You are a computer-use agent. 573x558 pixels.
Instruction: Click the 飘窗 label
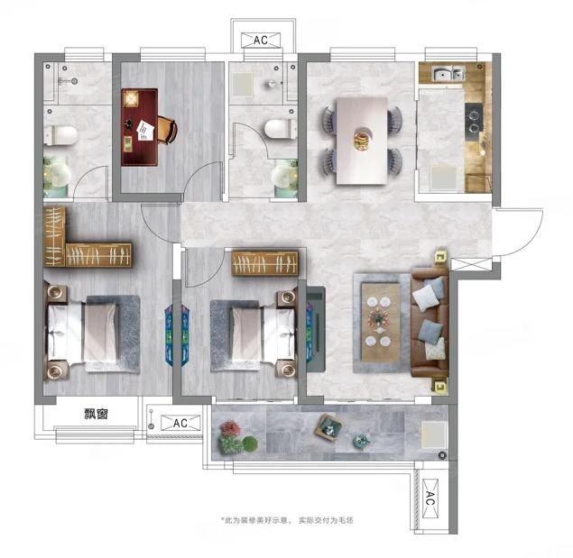(97, 414)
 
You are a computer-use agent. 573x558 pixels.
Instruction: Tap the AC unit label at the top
(261, 41)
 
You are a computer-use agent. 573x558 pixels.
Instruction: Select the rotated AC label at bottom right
(430, 499)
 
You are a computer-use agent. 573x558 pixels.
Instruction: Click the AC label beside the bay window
(180, 423)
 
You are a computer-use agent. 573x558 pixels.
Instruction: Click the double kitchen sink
(448, 74)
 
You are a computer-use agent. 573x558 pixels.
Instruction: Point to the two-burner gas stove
(474, 118)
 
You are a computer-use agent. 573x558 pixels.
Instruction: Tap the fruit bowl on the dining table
(362, 140)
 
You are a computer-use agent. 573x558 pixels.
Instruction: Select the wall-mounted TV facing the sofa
(316, 329)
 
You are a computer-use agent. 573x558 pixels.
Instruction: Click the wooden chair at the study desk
(168, 129)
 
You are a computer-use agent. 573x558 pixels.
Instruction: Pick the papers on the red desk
(146, 131)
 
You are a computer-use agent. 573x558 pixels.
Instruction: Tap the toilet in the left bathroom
(60, 134)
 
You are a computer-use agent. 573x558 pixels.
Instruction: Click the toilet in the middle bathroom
(281, 129)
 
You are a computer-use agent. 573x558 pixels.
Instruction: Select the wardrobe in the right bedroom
(265, 263)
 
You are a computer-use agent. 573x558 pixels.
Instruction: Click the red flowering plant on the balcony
(229, 428)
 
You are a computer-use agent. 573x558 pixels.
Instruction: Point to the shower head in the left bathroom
(75, 82)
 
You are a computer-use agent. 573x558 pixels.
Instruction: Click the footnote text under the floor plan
(287, 520)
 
